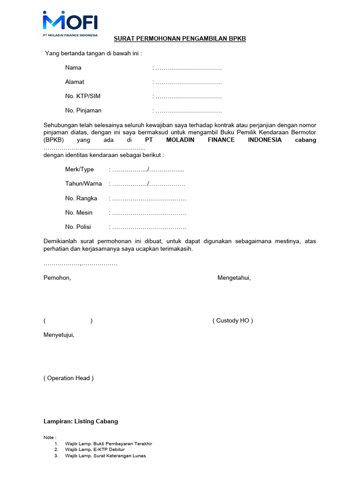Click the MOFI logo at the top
(x=70, y=23)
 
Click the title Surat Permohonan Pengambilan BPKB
(x=180, y=38)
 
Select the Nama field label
(x=73, y=67)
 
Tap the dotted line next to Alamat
(x=188, y=82)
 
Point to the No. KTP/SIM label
(x=82, y=96)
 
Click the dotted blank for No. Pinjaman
(x=188, y=111)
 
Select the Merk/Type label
(x=79, y=169)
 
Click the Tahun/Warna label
(x=83, y=184)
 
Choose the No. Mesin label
(x=79, y=213)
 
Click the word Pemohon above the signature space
(x=57, y=278)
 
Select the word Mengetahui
(x=234, y=278)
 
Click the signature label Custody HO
(x=232, y=321)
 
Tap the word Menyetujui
(x=59, y=335)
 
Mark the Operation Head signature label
(x=68, y=378)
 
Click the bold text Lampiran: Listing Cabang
(x=81, y=421)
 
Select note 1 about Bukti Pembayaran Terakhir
(x=108, y=443)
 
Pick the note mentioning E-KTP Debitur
(x=95, y=450)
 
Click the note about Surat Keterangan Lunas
(x=105, y=456)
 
